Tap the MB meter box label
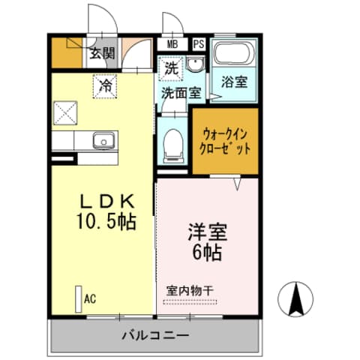(x=172, y=44)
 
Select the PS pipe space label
(x=198, y=44)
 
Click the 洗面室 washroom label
(x=181, y=94)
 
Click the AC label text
(x=90, y=299)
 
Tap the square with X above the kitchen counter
(x=66, y=113)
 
